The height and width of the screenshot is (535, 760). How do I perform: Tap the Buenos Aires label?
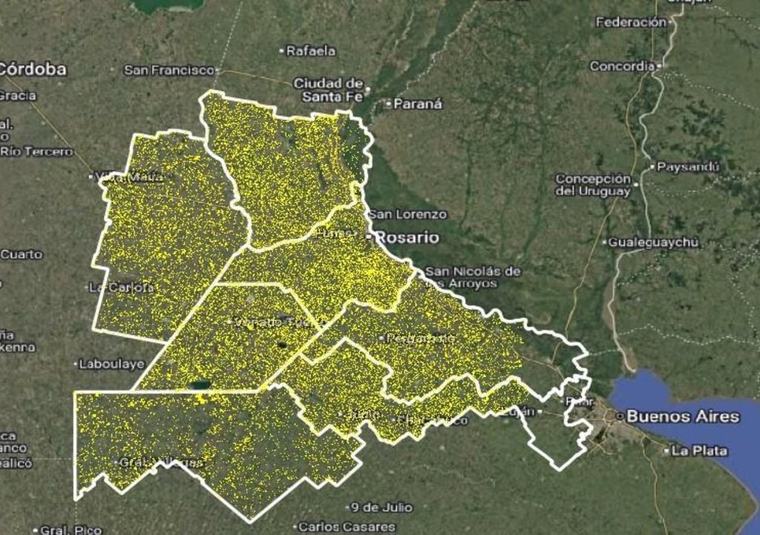pos(683,416)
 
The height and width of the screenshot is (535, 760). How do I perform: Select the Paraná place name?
pos(418,104)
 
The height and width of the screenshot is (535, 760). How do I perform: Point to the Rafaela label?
pos(311,51)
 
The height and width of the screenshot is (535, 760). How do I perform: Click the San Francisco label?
pos(169,70)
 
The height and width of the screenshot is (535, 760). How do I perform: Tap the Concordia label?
pos(622,66)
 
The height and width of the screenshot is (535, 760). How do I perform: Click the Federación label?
pos(631,22)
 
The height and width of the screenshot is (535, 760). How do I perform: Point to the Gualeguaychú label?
pos(654,242)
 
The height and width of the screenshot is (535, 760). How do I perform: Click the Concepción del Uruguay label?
pos(593,185)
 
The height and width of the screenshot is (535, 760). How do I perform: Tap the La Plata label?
pos(700,450)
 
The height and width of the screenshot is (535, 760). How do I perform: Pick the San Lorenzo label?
pos(408,214)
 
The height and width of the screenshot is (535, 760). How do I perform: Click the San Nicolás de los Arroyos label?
pos(472,277)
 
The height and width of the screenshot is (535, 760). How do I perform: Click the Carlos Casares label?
pos(347,527)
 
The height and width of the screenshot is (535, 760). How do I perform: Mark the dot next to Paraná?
pos(387,104)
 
